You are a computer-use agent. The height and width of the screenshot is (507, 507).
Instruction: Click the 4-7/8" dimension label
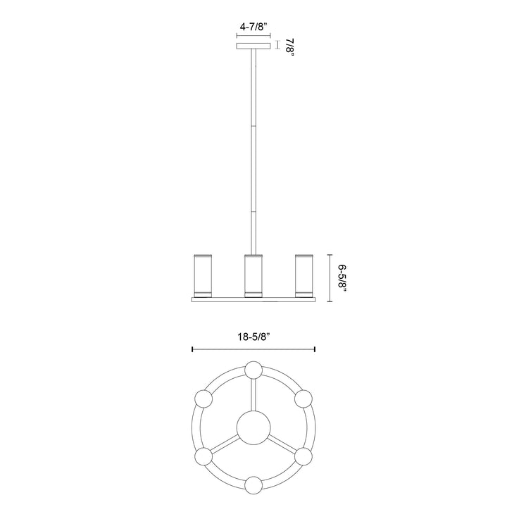253,27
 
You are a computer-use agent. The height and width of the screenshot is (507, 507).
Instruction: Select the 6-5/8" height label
342,280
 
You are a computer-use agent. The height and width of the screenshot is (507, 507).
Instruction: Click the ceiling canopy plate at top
253,47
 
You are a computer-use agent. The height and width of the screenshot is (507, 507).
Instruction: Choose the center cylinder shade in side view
253,274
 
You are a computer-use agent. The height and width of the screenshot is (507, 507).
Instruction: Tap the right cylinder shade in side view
304,274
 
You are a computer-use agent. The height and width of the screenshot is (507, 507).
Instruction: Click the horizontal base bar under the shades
253,300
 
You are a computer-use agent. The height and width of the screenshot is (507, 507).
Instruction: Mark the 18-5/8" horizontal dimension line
253,349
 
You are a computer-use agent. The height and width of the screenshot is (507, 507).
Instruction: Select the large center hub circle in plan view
253,427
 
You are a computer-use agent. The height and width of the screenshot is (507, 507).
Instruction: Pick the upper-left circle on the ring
203,399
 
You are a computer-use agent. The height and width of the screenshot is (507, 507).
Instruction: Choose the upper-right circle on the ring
303,399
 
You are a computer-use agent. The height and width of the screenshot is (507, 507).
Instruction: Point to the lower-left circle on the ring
203,456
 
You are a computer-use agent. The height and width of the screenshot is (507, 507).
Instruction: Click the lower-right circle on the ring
303,456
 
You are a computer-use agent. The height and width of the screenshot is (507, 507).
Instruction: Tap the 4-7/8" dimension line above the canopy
253,38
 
